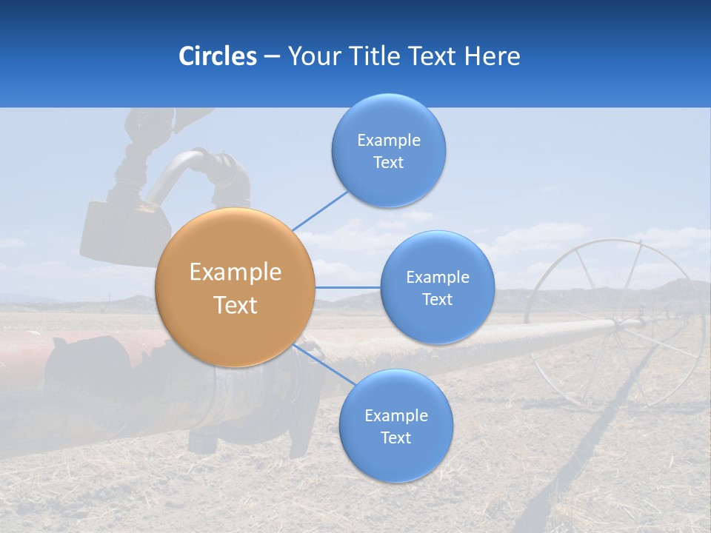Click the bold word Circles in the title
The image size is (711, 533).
[218, 56]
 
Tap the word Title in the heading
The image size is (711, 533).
[378, 56]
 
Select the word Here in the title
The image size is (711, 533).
[493, 56]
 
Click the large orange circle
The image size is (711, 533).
[236, 287]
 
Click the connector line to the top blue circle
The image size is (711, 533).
[320, 209]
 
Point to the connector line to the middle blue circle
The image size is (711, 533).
[348, 287]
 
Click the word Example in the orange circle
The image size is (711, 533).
[236, 272]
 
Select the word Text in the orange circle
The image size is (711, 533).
[236, 305]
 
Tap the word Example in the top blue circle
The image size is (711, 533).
[389, 141]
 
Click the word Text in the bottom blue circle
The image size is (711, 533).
[395, 438]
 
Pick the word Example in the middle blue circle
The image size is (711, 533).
[438, 278]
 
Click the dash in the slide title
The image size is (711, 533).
[272, 56]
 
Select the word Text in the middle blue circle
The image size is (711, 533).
[438, 300]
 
